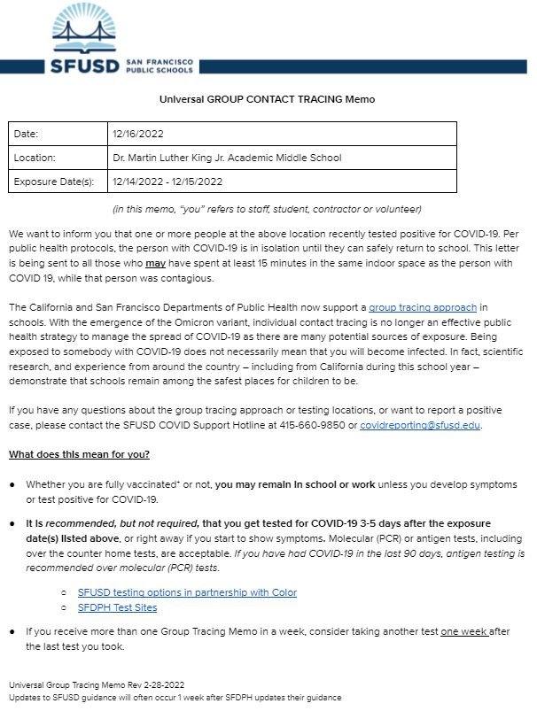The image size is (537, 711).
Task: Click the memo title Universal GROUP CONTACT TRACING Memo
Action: point(267,99)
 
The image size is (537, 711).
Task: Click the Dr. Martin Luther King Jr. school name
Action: point(227,158)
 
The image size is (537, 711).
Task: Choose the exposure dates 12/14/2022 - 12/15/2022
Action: point(167,182)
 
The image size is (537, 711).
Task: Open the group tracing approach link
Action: point(423,306)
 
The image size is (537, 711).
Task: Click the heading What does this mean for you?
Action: point(79,454)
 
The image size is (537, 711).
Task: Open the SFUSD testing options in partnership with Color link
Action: point(187,592)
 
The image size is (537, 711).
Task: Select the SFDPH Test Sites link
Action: point(117,607)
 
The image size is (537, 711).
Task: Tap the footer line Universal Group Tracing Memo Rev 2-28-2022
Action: point(97,684)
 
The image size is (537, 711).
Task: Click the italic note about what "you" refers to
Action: point(267,209)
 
